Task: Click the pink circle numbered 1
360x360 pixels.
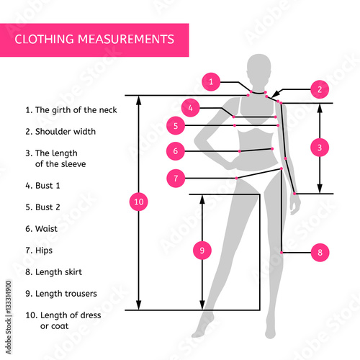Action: tap(211, 82)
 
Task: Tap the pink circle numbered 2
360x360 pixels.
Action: tap(320, 89)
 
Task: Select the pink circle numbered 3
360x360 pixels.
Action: tap(320, 148)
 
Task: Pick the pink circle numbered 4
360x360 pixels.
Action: tap(191, 108)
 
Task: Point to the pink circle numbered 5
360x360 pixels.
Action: tap(176, 125)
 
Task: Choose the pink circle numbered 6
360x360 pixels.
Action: tap(176, 151)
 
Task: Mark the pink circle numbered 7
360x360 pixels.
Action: tap(176, 178)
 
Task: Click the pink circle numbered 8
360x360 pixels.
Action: tap(320, 253)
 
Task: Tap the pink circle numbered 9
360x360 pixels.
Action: tap(202, 251)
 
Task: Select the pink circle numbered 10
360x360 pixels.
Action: tap(139, 202)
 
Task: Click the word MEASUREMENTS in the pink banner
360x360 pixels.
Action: tap(126, 39)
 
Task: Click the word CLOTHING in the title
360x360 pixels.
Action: tap(44, 39)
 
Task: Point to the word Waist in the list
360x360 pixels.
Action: tap(46, 229)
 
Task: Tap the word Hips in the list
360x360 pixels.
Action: tap(44, 251)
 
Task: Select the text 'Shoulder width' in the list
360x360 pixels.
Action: tap(66, 132)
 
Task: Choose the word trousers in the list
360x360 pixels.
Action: tap(81, 294)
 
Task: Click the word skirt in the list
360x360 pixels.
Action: tap(72, 272)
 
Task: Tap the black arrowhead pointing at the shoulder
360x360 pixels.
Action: tap(277, 94)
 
